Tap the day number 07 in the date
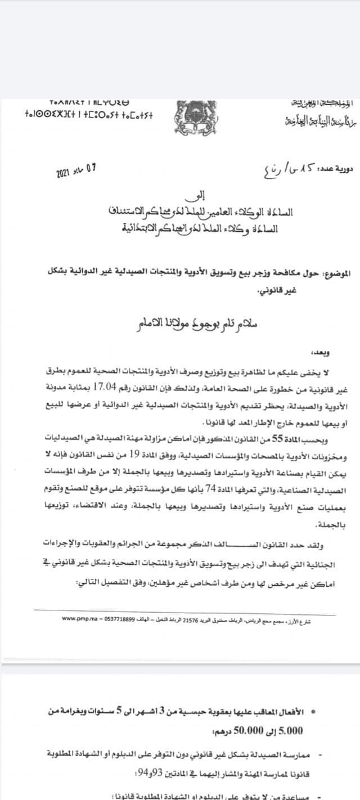pos(92,168)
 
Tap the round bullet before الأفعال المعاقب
pos(313,712)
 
